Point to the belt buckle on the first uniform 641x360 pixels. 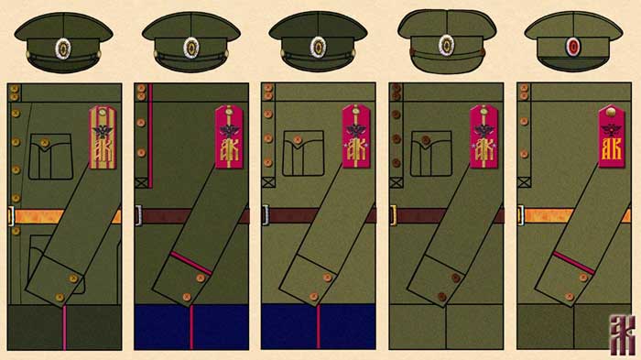pos(10,216)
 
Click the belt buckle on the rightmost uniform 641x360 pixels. pos(520,215)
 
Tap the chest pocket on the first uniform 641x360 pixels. pos(46,157)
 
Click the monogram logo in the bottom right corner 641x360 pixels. pos(624,335)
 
